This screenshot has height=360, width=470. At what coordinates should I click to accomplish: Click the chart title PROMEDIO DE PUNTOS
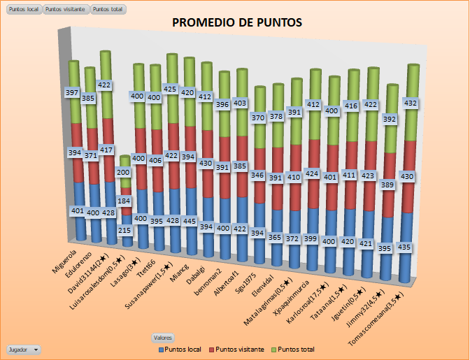237,23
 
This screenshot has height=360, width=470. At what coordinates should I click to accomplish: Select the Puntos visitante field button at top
66,9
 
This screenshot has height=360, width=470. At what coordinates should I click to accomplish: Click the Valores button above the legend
162,337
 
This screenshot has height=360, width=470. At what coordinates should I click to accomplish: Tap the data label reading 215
124,229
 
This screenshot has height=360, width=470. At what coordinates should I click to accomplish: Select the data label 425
171,89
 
